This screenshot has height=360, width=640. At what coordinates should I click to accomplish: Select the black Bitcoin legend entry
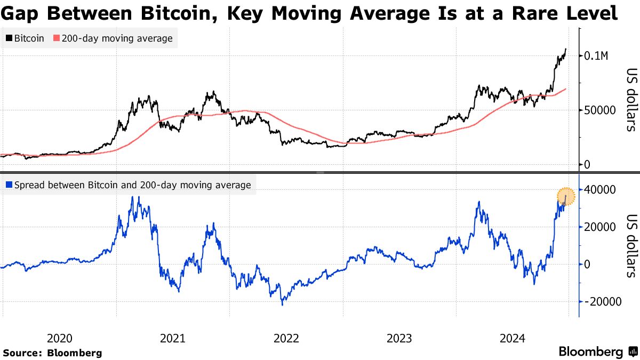pyautogui.click(x=25, y=38)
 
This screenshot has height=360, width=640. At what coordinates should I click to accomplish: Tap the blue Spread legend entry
pyautogui.click(x=128, y=185)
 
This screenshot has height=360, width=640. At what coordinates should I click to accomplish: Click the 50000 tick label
pyautogui.click(x=601, y=110)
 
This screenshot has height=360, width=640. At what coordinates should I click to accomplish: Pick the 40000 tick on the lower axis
pyautogui.click(x=601, y=189)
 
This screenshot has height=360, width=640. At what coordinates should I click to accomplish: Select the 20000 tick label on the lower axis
pyautogui.click(x=601, y=227)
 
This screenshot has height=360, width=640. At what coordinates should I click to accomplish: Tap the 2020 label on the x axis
pyautogui.click(x=59, y=338)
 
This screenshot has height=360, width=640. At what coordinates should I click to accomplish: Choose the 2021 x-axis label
pyautogui.click(x=173, y=338)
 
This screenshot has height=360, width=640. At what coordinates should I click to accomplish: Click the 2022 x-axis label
pyautogui.click(x=286, y=338)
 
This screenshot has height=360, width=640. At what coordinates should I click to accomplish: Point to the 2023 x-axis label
pyautogui.click(x=399, y=338)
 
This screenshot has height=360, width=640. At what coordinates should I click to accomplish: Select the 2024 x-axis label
pyautogui.click(x=513, y=338)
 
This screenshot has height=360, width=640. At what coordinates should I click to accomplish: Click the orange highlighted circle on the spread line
pyautogui.click(x=566, y=197)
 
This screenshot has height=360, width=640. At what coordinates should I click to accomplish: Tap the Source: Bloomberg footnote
pyautogui.click(x=52, y=353)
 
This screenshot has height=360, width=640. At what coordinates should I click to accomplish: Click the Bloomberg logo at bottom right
pyautogui.click(x=597, y=352)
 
